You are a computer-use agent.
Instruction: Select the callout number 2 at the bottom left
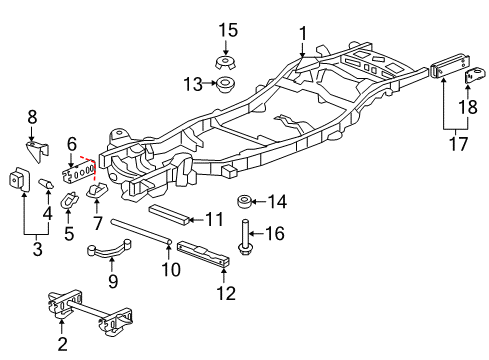pos(62,345)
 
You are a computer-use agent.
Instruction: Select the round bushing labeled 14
pos(243,203)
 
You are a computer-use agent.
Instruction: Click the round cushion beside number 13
pos(228,83)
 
